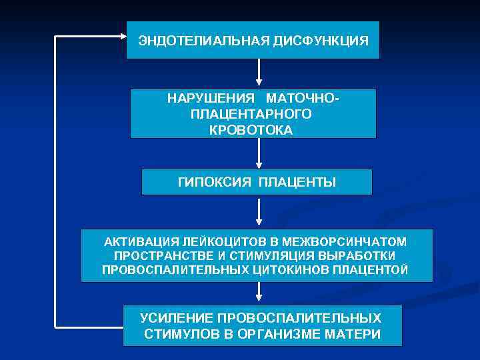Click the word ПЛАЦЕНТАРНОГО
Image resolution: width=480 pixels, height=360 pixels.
251,115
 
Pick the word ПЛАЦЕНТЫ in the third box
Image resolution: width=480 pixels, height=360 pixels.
298,182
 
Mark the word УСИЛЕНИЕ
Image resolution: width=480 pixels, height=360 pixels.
177,318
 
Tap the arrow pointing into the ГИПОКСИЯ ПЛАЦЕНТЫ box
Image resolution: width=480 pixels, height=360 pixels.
258,155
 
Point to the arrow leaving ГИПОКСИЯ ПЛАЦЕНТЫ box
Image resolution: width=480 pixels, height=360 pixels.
258,212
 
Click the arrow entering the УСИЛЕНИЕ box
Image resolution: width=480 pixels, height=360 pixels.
258,293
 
